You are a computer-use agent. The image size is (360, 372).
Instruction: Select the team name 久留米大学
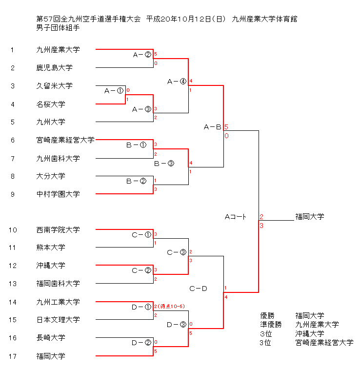[x=54, y=86]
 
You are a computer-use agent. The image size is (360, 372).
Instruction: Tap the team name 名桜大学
[x=51, y=104]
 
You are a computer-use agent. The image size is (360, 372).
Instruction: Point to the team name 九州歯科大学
[x=58, y=158]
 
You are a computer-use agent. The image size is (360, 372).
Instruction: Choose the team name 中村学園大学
[x=58, y=194]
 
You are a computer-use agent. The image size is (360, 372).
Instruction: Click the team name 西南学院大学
[x=58, y=230]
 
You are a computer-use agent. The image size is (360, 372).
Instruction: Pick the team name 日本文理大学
[x=58, y=320]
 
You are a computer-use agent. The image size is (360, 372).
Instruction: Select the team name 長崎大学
[x=51, y=338]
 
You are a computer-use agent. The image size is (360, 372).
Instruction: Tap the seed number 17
[x=13, y=356]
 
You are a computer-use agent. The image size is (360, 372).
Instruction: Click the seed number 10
[x=13, y=230]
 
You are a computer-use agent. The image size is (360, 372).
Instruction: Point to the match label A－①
[x=114, y=91]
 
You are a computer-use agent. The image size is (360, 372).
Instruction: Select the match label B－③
[x=164, y=164]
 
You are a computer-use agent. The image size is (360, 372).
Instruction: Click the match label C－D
[x=198, y=289]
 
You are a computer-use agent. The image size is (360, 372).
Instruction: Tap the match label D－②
[x=141, y=343]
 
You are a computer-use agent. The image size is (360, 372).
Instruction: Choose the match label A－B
[x=212, y=127]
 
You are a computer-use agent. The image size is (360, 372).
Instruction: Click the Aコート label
[x=236, y=216]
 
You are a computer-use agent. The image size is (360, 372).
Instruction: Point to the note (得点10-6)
[x=171, y=306]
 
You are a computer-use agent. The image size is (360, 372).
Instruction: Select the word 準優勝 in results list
[x=271, y=325]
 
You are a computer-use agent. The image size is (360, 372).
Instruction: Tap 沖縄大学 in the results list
[x=309, y=334]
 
